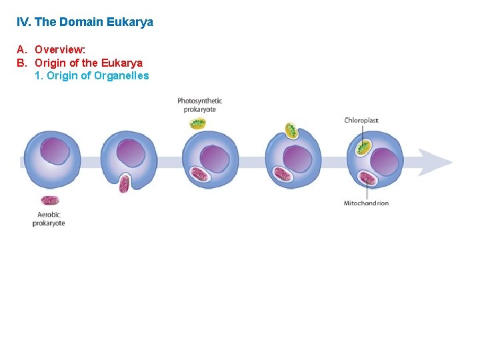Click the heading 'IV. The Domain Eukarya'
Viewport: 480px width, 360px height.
(x=85, y=22)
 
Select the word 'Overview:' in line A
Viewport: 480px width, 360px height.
(x=60, y=49)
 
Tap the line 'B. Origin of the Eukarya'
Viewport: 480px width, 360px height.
(x=79, y=63)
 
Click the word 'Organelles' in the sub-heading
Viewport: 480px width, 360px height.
(x=121, y=75)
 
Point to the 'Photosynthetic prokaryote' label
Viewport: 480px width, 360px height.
(x=199, y=105)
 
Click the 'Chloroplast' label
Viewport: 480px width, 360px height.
(x=361, y=121)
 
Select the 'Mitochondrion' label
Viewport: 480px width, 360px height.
(x=366, y=203)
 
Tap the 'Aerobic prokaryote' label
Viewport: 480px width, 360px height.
(x=49, y=219)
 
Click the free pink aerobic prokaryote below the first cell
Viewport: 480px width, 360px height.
(x=49, y=200)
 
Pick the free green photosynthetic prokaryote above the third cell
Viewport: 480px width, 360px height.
(x=198, y=123)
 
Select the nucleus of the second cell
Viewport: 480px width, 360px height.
(x=131, y=153)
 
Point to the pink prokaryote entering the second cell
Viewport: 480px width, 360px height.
(x=124, y=183)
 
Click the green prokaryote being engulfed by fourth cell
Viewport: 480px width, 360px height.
(x=291, y=131)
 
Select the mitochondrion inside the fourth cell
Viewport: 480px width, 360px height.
(x=283, y=175)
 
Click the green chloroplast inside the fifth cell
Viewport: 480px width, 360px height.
(x=363, y=147)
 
